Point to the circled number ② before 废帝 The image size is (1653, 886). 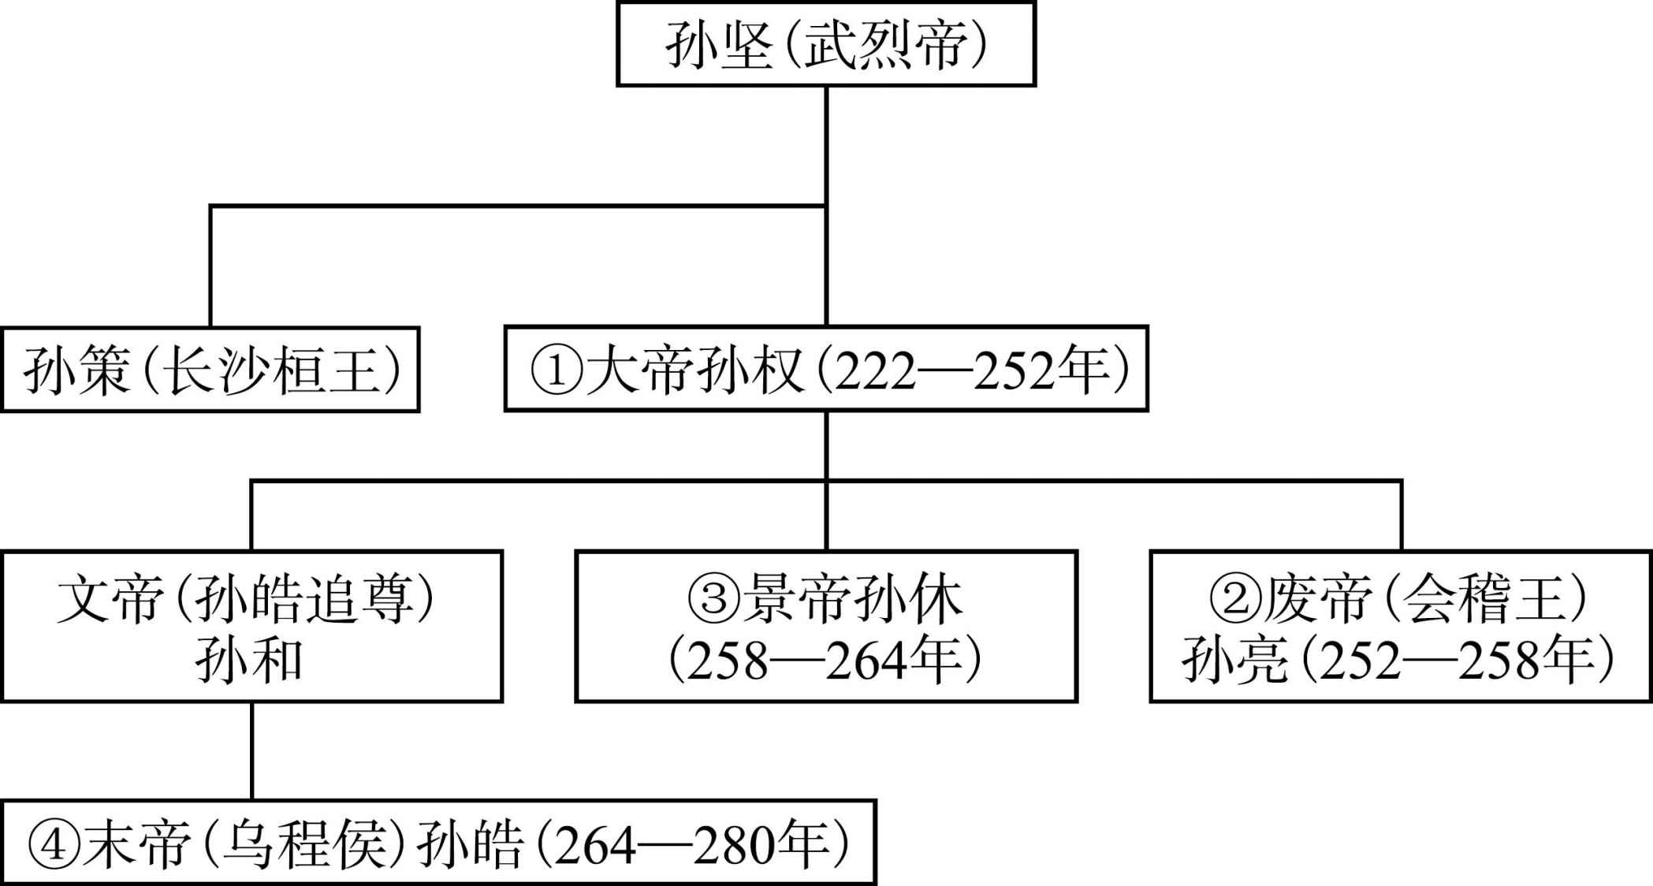coord(1236,598)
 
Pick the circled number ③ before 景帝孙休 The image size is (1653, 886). coord(714,598)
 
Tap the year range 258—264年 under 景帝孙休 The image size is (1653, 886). coord(826,661)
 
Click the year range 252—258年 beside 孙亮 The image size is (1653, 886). coord(1458,661)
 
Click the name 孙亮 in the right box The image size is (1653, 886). coord(1235,661)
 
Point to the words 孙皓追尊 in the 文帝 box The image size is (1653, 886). coord(304,598)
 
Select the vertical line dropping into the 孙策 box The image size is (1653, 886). coord(210,266)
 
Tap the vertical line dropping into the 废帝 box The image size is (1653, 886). coord(1402,515)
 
